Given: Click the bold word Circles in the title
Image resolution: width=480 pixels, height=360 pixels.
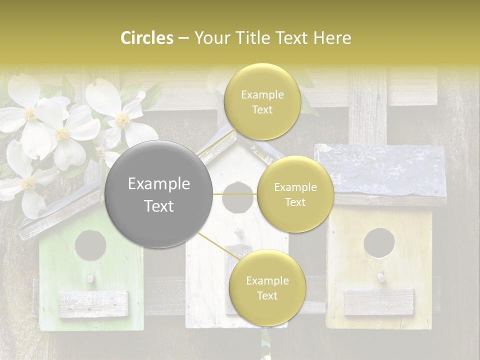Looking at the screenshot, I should click(x=147, y=38).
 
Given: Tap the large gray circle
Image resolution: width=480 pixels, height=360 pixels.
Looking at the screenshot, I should click(x=159, y=194).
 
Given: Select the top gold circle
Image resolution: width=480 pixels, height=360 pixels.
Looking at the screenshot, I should click(x=261, y=101).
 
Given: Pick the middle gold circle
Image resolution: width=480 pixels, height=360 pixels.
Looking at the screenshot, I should click(x=295, y=194).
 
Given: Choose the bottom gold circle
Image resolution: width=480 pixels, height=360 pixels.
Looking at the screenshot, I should click(x=267, y=288).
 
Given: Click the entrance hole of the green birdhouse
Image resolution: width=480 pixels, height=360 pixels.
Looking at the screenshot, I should click(x=90, y=245).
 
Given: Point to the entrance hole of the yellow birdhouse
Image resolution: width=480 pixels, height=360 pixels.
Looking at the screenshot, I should click(x=378, y=243).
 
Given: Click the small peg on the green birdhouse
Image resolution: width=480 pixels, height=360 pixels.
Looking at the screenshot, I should click(x=90, y=278).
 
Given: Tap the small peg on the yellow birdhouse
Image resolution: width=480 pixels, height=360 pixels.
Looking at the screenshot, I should click(x=380, y=275).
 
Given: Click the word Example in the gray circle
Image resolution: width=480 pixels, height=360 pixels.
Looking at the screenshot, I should click(x=159, y=184).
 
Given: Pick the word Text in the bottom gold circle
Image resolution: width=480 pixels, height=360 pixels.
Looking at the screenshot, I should click(x=267, y=295).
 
